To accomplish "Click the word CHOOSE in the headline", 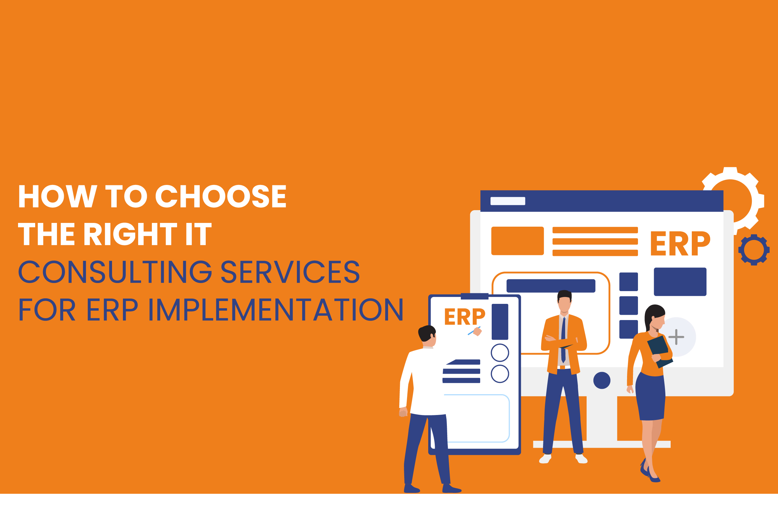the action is tap(221, 196).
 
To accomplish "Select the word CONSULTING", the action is tap(115, 272).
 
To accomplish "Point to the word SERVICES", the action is tap(290, 272).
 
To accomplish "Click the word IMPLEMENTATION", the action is tap(275, 309).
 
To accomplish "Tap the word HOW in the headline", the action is tap(58, 196).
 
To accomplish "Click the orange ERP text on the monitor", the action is tap(680, 243).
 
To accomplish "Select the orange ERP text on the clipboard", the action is tap(465, 316).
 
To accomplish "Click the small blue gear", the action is tap(754, 250).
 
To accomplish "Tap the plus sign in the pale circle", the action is tap(676, 337).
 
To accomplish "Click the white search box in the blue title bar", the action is tap(508, 201).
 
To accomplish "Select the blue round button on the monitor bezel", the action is tap(602, 380).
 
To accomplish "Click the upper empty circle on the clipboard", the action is tap(500, 352).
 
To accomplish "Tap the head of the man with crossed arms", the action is tap(564, 301).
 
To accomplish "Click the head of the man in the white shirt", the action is tap(427, 335).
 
